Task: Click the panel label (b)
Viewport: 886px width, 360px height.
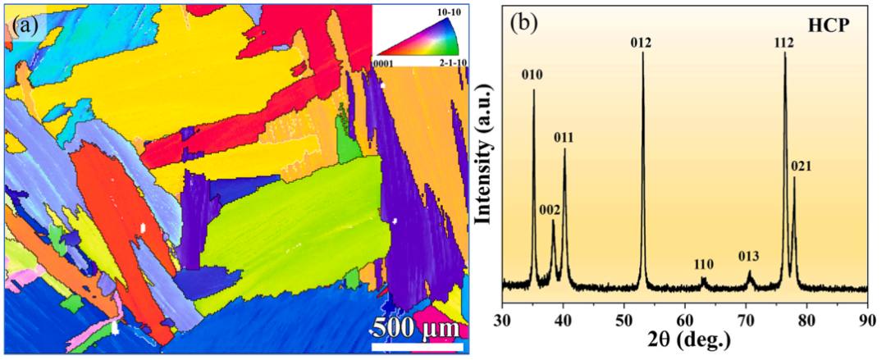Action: pyautogui.click(x=523, y=23)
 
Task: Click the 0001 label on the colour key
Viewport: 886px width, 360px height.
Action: pyautogui.click(x=383, y=62)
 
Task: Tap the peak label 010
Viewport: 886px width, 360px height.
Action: pyautogui.click(x=534, y=75)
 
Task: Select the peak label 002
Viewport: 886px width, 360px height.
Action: pyautogui.click(x=550, y=210)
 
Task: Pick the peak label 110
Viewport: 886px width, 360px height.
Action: pyautogui.click(x=703, y=265)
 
